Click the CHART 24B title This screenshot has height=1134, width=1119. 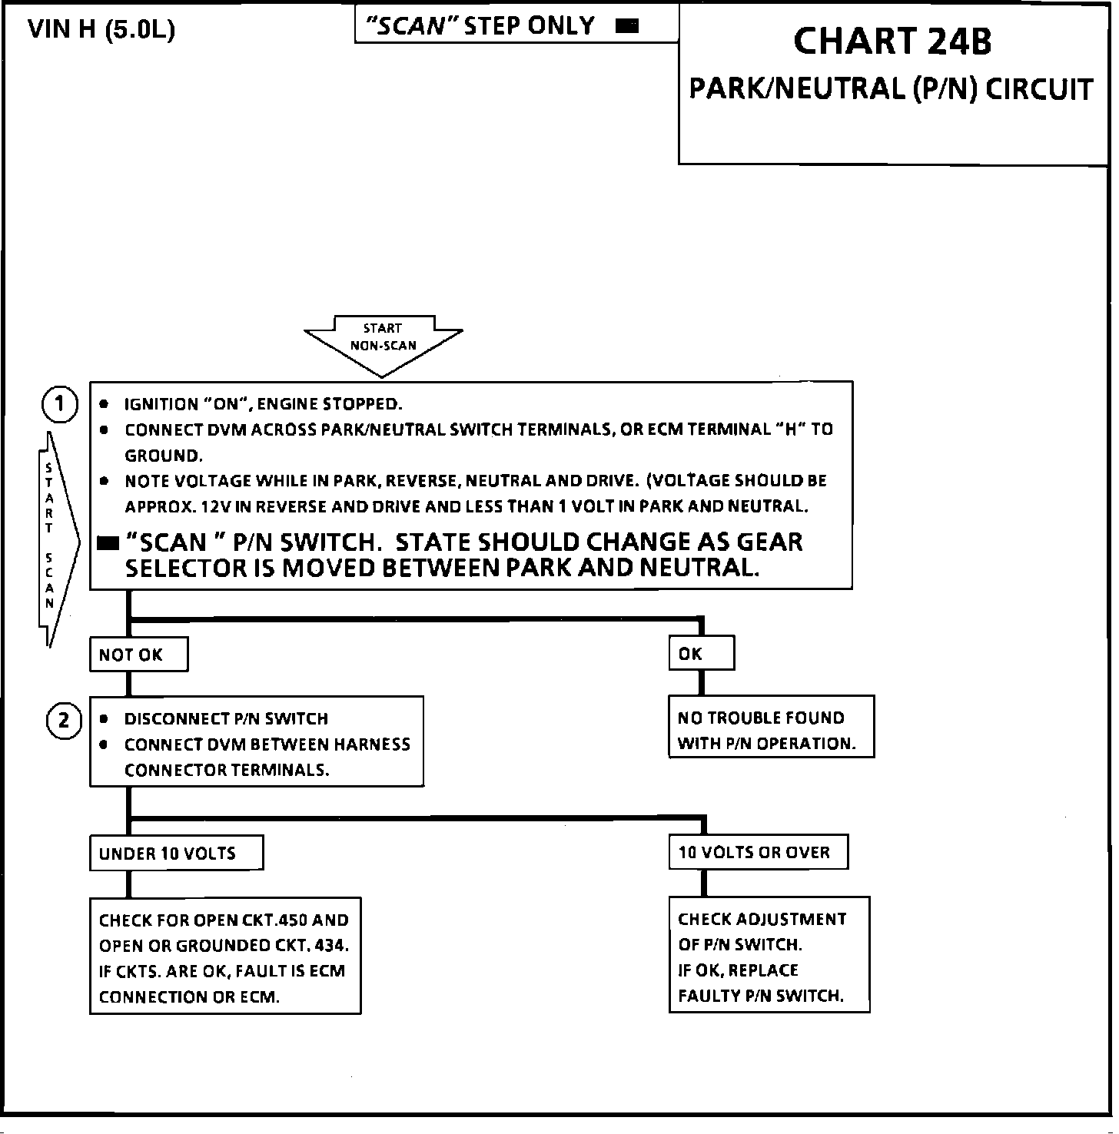pyautogui.click(x=892, y=41)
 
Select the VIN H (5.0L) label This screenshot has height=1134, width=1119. pyautogui.click(x=101, y=30)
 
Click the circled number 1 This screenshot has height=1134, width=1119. pyautogui.click(x=60, y=405)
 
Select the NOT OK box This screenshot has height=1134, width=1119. pyautogui.click(x=138, y=655)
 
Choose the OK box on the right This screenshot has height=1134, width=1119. pyautogui.click(x=701, y=654)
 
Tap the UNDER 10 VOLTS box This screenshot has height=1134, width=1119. pyautogui.click(x=176, y=854)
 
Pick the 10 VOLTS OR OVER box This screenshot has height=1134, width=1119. pyautogui.click(x=758, y=853)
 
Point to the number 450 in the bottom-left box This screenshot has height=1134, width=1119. pyautogui.click(x=291, y=920)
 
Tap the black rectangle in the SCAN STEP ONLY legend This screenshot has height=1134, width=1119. pyautogui.click(x=628, y=27)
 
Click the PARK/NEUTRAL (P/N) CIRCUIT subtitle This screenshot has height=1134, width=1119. pyautogui.click(x=891, y=90)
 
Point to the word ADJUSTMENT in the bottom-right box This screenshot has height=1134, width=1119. pyautogui.click(x=792, y=920)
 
